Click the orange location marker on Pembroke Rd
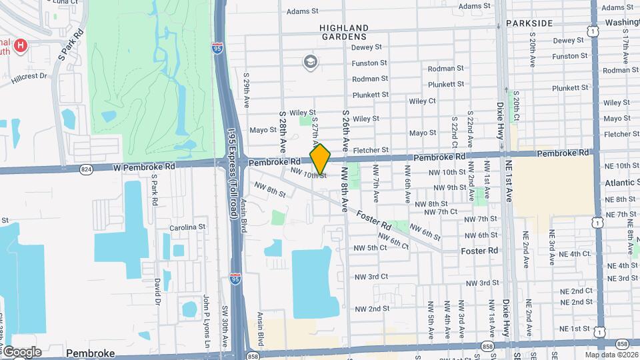[320, 159]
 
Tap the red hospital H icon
[21, 45]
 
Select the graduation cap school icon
[310, 62]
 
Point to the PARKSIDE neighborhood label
[529, 23]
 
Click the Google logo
[21, 352]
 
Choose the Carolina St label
[187, 227]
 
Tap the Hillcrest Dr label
[29, 77]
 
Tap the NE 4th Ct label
[567, 254]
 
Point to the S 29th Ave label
[246, 91]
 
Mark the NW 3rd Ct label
[371, 277]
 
